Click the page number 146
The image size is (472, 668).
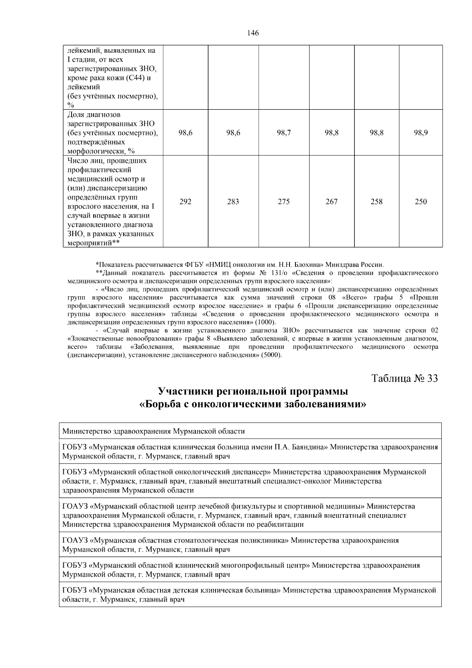click(253, 33)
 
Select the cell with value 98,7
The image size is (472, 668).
click(284, 133)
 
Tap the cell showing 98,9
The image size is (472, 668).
click(421, 133)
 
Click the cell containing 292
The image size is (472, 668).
click(185, 202)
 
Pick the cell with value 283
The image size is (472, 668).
click(233, 202)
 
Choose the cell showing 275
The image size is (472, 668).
click(284, 202)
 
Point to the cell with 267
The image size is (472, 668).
click(332, 202)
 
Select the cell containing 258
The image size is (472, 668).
click(376, 202)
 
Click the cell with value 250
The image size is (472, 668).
click(421, 202)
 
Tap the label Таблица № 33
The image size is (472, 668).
click(405, 378)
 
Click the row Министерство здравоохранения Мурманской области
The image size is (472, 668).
click(153, 431)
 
